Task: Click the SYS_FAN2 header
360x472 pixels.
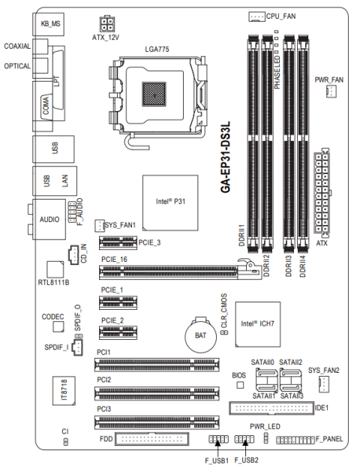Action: coord(323,385)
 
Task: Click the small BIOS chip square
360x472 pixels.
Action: coord(239,385)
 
